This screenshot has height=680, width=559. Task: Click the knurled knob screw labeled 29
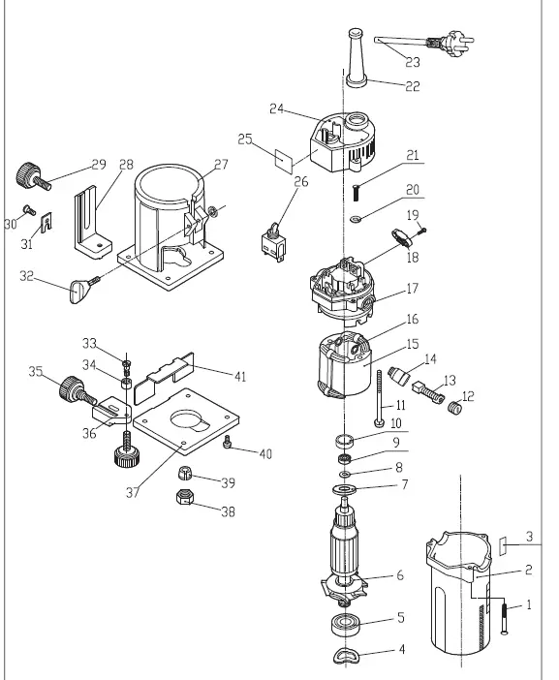pyautogui.click(x=27, y=176)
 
